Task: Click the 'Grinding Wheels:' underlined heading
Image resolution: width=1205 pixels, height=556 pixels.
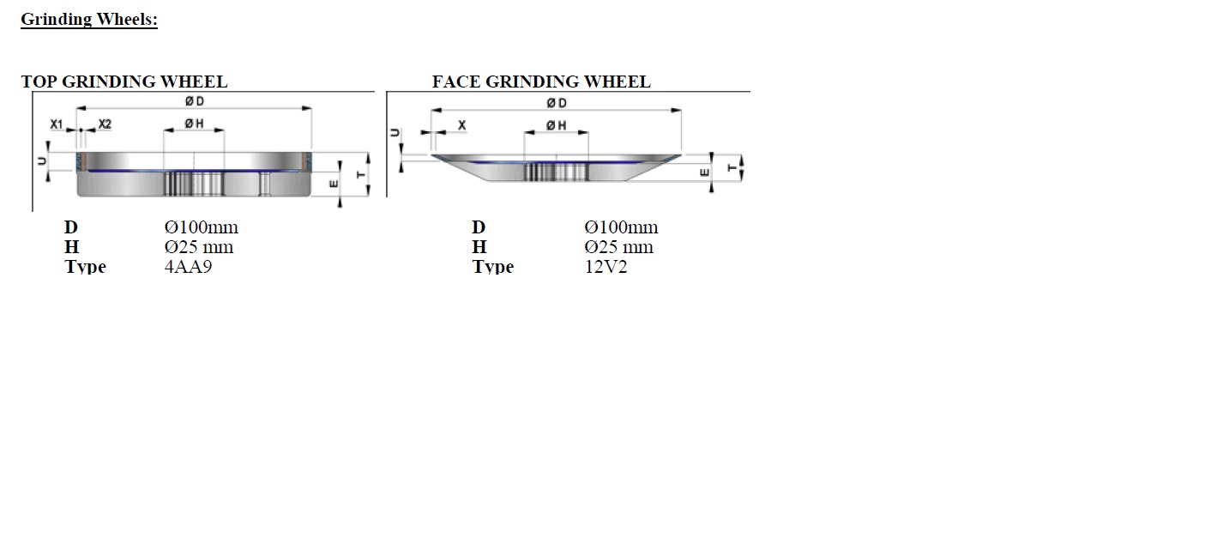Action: (x=89, y=20)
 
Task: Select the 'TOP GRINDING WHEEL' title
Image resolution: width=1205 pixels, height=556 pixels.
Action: (x=124, y=82)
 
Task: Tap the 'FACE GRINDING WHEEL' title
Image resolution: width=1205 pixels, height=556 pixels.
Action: (x=541, y=82)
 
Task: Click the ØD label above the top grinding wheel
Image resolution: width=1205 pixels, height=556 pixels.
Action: (x=195, y=101)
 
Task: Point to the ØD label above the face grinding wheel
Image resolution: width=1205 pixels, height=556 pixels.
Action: (x=557, y=103)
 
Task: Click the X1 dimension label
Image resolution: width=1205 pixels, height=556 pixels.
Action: (x=57, y=124)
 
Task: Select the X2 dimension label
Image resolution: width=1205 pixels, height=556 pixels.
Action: (x=105, y=124)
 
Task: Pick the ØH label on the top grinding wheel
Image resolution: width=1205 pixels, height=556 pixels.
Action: (x=194, y=124)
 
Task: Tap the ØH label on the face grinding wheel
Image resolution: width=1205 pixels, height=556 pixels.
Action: (x=557, y=125)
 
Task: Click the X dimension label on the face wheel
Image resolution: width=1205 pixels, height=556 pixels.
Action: (x=461, y=125)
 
